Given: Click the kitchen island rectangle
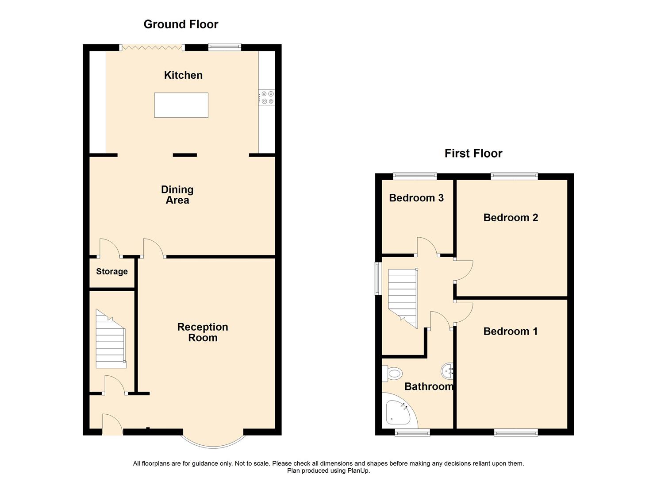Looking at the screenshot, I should pos(181,105).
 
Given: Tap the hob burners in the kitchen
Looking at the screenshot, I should pos(267,97).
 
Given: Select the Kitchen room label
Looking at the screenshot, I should pos(183,75).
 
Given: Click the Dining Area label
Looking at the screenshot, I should pos(177,195).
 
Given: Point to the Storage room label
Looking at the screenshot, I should pos(112,271).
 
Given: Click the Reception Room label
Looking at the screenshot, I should pos(203,332).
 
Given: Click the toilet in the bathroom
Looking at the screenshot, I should pos(393,374).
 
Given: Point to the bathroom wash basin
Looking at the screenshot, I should pos(447,370).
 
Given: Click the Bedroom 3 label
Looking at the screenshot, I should pos(416,198).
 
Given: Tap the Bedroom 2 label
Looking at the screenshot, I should pos(511,217).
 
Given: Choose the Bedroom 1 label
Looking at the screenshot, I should pos(510,331).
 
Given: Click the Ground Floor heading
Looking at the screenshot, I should pos(181,24).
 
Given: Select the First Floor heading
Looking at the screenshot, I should pos(473,153).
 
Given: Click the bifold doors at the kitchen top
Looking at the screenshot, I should pos(152,47).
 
